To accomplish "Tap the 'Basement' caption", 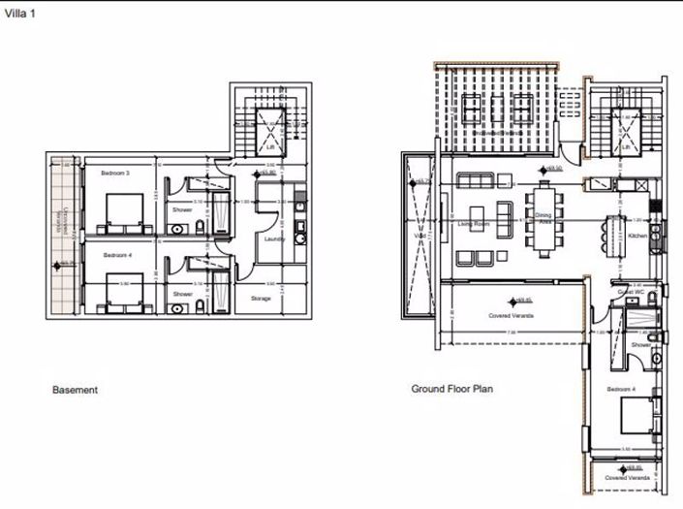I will [75, 390].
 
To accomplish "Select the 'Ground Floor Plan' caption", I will [451, 389].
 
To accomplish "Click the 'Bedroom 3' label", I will [115, 173].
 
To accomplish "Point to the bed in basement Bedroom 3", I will [122, 209].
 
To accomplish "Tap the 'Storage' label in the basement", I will [260, 298].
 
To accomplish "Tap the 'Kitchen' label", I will [637, 236].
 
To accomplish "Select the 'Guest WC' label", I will [632, 292].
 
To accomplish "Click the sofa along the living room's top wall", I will [477, 180].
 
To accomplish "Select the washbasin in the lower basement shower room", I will [180, 308].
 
